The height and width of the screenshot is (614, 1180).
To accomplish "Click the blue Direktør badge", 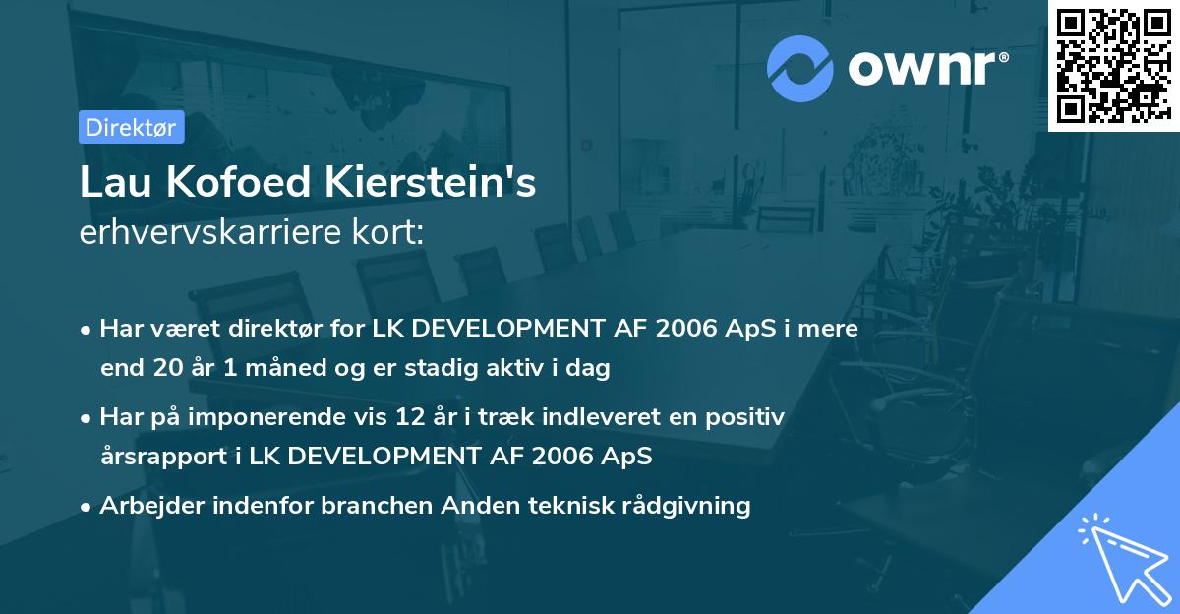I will click(131, 127).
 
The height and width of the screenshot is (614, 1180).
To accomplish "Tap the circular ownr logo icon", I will click(800, 69).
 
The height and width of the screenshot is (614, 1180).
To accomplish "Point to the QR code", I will click(1113, 66).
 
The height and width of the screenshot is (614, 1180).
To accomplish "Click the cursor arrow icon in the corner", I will click(1120, 556).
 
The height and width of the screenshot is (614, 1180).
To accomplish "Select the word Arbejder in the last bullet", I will click(148, 506).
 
